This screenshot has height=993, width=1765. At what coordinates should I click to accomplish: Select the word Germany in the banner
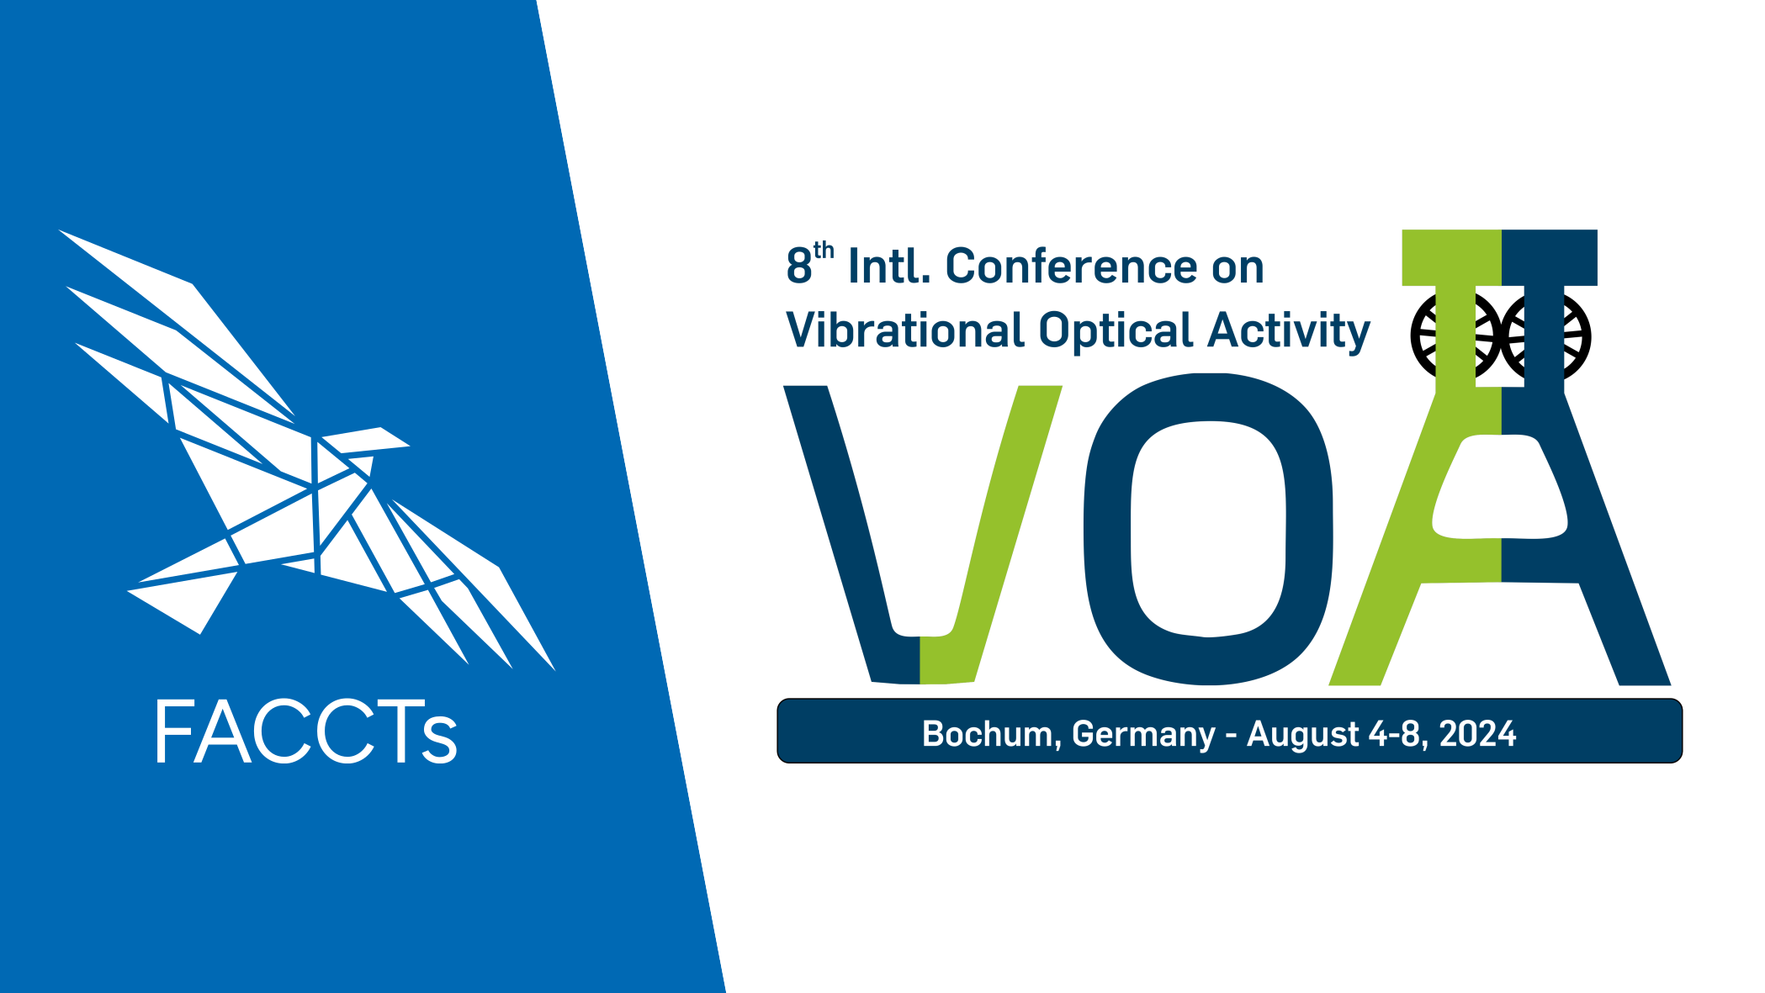point(1143,735)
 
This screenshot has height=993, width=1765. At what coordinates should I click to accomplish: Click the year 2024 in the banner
point(1478,733)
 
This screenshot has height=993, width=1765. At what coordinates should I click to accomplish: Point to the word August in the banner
point(1302,735)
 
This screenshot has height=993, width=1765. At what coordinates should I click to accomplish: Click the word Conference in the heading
point(1072,267)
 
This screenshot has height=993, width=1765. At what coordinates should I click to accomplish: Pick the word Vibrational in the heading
point(904,330)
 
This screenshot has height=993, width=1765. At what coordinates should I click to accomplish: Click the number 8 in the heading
point(798,267)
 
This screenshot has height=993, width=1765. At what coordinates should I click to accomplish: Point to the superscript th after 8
point(824,250)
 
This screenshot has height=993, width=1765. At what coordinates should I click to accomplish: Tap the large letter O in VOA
point(1207,529)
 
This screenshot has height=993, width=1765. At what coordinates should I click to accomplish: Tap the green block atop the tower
point(1452,257)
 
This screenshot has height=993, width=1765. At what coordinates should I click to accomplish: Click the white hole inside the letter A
point(1500,488)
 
